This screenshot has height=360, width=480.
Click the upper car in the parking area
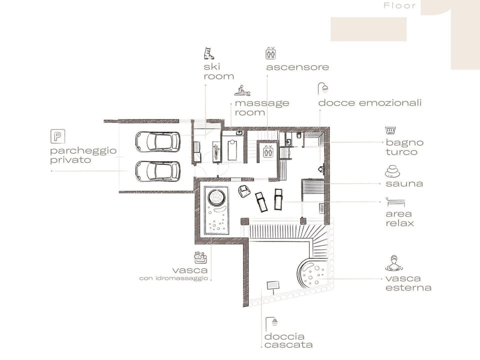pos(157,142)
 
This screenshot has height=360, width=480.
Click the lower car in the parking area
pos(157,171)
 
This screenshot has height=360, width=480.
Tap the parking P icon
pos(57,136)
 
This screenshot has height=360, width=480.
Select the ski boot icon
pos(208,53)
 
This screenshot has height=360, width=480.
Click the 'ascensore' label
pos(297,67)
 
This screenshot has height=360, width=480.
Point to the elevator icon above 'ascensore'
pos(270,53)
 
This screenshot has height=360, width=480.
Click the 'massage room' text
pos(261,107)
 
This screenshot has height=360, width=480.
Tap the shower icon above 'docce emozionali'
pos(323,89)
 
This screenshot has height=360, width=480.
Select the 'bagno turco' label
pos(404,147)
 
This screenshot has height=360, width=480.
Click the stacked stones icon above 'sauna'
pos(392,171)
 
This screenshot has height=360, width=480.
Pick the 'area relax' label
pos(399,218)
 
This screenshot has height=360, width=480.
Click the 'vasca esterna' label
pos(408,283)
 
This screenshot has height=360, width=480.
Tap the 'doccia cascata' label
pos(288,340)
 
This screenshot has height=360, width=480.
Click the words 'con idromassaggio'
pos(173,278)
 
